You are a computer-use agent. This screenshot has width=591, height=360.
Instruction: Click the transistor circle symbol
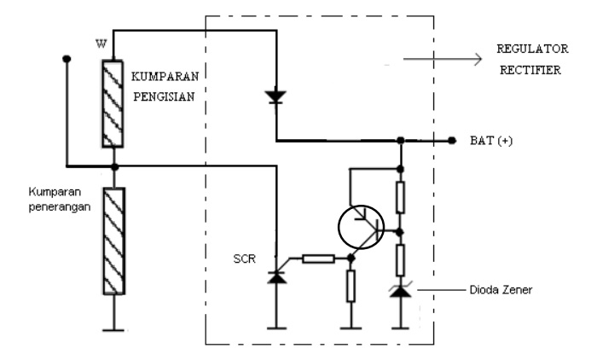click(x=360, y=225)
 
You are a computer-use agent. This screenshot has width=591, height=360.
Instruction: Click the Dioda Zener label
click(x=490, y=290)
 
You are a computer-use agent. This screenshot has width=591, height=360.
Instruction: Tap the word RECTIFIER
click(x=530, y=71)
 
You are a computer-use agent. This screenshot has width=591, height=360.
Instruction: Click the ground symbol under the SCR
click(x=275, y=325)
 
